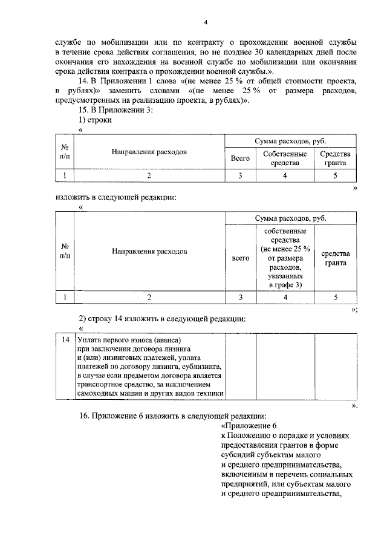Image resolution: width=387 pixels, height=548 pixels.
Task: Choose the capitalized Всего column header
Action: pos(241,158)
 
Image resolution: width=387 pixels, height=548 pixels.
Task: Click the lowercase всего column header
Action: pos(241,258)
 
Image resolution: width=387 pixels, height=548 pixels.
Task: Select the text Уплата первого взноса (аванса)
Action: pos(129,340)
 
